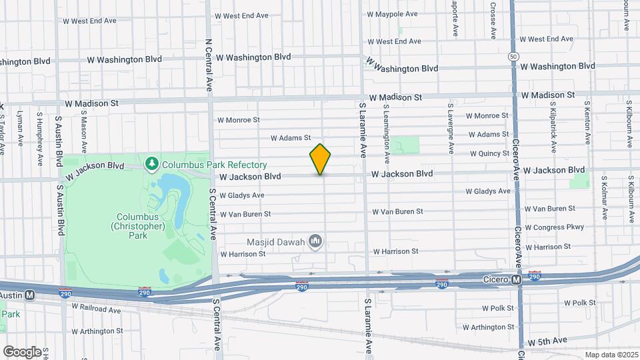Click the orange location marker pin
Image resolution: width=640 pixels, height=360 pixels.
(x=320, y=159)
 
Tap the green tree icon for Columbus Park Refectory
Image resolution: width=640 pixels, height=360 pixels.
(x=153, y=163)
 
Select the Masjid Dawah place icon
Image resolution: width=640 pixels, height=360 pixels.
(x=317, y=241)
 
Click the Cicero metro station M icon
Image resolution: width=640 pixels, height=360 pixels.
(x=517, y=281)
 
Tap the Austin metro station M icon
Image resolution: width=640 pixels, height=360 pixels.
(x=29, y=295)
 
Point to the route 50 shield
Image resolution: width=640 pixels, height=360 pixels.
(x=513, y=57)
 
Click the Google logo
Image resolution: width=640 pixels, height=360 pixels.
(x=22, y=351)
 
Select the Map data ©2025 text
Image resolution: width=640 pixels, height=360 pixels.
(x=611, y=355)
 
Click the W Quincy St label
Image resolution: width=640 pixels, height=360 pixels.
(x=489, y=153)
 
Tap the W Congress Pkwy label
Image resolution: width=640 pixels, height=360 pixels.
(x=554, y=227)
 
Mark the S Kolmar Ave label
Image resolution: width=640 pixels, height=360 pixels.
(x=605, y=197)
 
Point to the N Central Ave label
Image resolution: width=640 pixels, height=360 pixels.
(x=208, y=64)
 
